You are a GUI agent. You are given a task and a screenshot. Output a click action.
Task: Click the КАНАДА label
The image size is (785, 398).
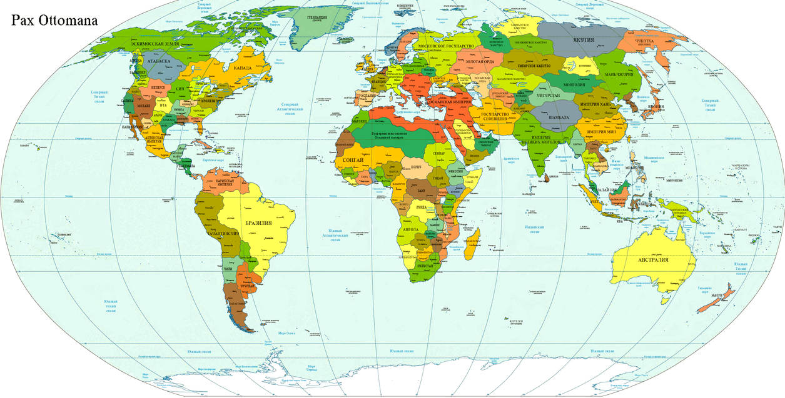[242, 67]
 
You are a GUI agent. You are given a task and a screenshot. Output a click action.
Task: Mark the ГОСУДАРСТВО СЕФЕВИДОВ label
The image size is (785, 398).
[499, 118]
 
